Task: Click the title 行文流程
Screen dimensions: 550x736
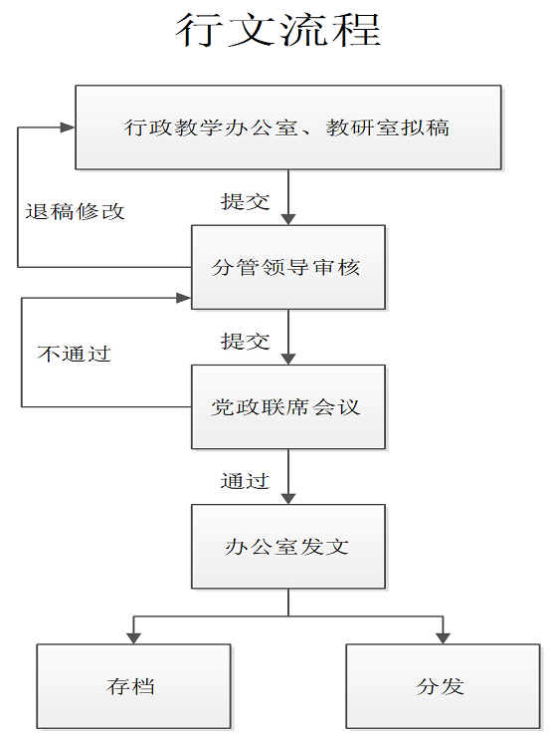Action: (x=278, y=30)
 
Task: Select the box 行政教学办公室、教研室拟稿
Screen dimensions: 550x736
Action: (x=288, y=127)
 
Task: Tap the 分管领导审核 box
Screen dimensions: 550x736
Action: (x=288, y=267)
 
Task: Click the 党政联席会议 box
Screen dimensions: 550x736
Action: (x=288, y=407)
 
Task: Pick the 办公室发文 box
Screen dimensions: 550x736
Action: (x=288, y=547)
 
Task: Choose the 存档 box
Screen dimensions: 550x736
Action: (x=133, y=686)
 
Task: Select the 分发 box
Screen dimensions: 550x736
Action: (x=444, y=686)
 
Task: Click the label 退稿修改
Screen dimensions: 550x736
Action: (x=75, y=212)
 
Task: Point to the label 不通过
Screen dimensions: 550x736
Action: (x=75, y=354)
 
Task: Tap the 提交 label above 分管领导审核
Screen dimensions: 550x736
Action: (x=246, y=201)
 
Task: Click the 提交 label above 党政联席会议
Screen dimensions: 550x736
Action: (x=246, y=342)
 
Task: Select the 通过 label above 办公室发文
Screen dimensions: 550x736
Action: (x=246, y=481)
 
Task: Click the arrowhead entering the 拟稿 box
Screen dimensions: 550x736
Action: (x=69, y=127)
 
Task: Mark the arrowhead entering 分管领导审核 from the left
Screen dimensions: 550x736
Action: (x=184, y=298)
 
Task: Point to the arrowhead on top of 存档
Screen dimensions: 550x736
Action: (x=133, y=637)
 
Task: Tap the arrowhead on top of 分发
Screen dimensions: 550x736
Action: (x=444, y=637)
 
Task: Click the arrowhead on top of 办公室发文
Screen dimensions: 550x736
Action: (x=288, y=499)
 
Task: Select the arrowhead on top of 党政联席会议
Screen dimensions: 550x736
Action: (x=288, y=359)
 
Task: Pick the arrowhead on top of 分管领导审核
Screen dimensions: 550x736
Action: (x=288, y=219)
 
